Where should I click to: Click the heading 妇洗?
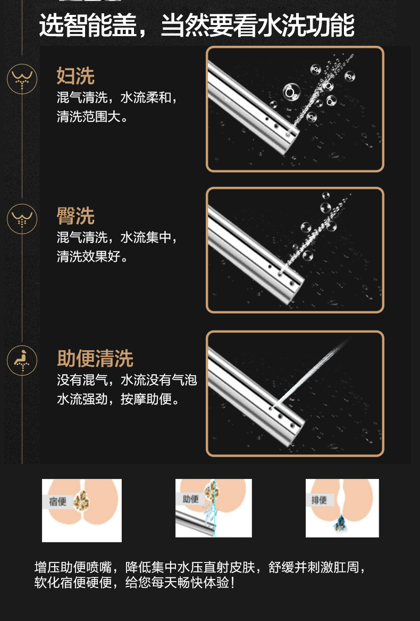(x=75, y=76)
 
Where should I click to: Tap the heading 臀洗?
(x=75, y=216)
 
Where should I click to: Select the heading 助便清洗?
(x=95, y=359)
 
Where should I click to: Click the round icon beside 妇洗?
(x=22, y=79)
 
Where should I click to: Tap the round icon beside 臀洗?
(x=22, y=219)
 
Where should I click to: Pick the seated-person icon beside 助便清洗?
(x=22, y=360)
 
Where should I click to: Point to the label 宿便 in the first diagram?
(x=58, y=501)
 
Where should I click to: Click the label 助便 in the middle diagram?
(x=191, y=499)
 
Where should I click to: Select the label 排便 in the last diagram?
(x=319, y=500)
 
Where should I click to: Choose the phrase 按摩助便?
(x=146, y=399)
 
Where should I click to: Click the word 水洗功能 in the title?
(x=306, y=26)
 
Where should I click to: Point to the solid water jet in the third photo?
(x=310, y=372)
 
